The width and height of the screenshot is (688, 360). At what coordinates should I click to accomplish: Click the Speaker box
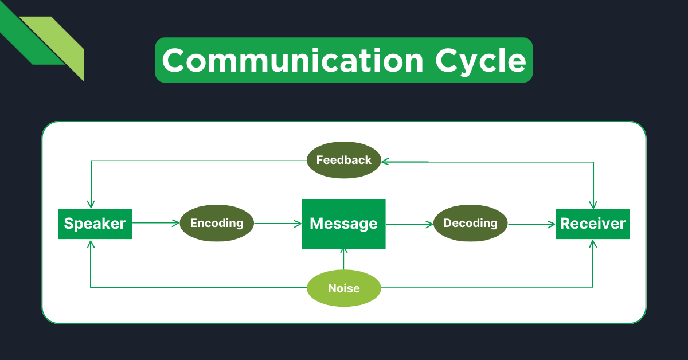click(x=95, y=224)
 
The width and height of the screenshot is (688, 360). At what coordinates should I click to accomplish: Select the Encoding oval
click(x=217, y=223)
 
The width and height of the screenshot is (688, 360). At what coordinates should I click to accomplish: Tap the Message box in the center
click(x=343, y=224)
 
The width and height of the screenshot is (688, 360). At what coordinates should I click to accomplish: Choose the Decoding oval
click(x=470, y=223)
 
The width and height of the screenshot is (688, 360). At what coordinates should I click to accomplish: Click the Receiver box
click(x=593, y=224)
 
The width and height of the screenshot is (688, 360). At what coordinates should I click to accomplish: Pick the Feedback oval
click(x=343, y=160)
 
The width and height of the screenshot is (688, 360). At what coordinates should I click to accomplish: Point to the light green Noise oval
click(x=343, y=288)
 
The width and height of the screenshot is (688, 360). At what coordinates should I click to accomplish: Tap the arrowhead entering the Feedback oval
click(x=385, y=162)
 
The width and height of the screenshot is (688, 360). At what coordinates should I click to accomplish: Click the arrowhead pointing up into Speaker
click(x=91, y=244)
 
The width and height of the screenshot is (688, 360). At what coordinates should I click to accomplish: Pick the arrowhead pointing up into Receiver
click(x=593, y=244)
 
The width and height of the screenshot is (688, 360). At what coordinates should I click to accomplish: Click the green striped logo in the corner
click(x=46, y=43)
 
